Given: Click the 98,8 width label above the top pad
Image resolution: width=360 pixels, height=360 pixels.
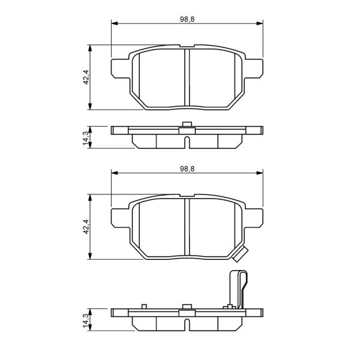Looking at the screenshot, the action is (x=187, y=19).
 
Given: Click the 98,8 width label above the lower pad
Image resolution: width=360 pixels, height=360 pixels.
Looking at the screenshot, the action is (x=187, y=169).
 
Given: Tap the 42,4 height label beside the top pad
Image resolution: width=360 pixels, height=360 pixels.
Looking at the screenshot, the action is (x=86, y=77).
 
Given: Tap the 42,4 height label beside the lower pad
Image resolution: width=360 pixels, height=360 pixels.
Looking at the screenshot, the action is (x=86, y=227).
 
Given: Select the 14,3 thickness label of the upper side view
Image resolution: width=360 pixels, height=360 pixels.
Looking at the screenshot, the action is (x=86, y=138).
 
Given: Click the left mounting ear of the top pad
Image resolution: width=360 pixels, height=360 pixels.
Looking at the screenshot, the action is (x=121, y=68).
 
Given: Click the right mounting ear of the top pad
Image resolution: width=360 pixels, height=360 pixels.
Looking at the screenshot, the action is (x=254, y=68).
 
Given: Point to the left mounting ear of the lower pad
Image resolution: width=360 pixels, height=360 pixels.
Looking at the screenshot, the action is (x=121, y=218).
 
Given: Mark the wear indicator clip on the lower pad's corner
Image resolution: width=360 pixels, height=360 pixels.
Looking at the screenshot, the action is (x=241, y=254).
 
